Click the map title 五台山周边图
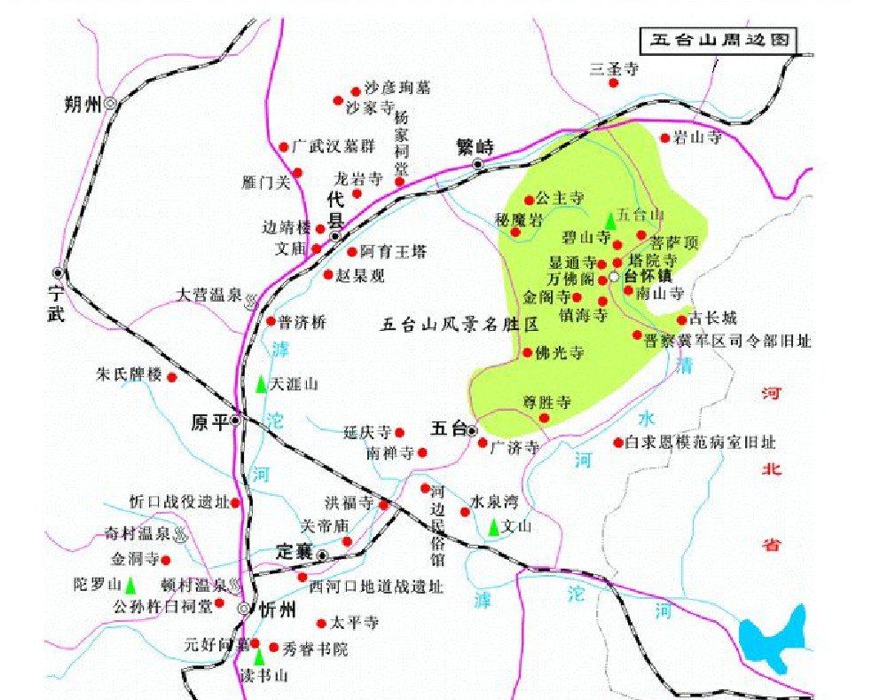click(718, 40)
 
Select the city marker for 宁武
click(59, 272)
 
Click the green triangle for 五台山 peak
click(609, 220)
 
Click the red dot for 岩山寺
click(665, 138)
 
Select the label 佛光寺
click(560, 353)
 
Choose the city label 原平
click(210, 422)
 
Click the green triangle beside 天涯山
click(260, 385)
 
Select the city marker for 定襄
click(323, 555)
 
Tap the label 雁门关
click(266, 184)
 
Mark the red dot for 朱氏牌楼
click(172, 377)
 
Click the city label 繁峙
click(474, 146)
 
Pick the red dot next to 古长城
click(681, 320)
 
